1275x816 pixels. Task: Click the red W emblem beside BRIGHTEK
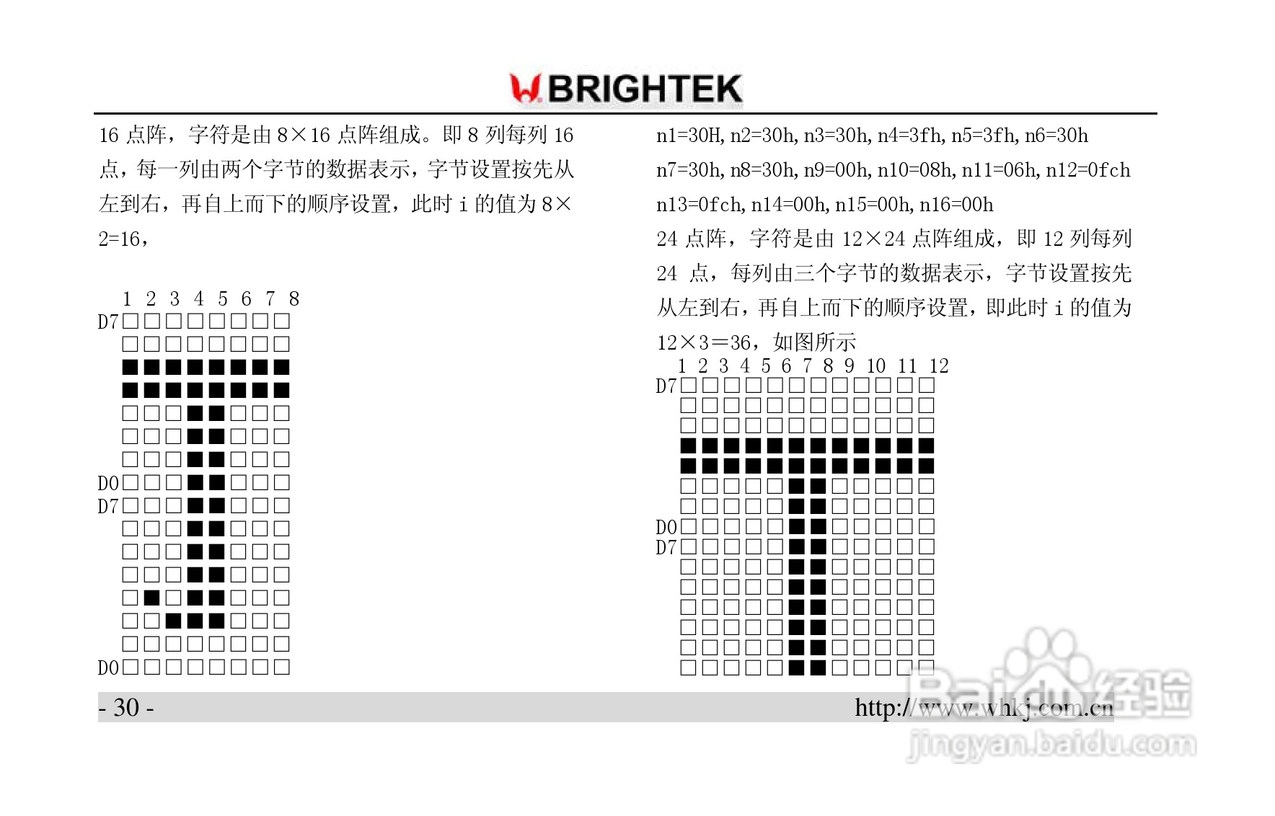pyautogui.click(x=525, y=89)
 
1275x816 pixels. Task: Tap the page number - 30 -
pyautogui.click(x=125, y=708)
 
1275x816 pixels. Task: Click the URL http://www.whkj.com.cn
pyautogui.click(x=984, y=708)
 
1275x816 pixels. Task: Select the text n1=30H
pyautogui.click(x=689, y=136)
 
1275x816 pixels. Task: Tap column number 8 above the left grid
pyautogui.click(x=294, y=298)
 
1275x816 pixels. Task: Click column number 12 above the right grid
pyautogui.click(x=938, y=366)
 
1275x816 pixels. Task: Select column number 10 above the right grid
pyautogui.click(x=875, y=366)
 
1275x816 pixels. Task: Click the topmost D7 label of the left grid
pyautogui.click(x=108, y=321)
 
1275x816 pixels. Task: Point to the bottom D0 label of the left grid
pyautogui.click(x=108, y=668)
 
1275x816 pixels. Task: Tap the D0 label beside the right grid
pyautogui.click(x=666, y=527)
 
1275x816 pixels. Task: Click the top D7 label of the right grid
pyautogui.click(x=666, y=386)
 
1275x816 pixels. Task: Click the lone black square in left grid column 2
pyautogui.click(x=151, y=598)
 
